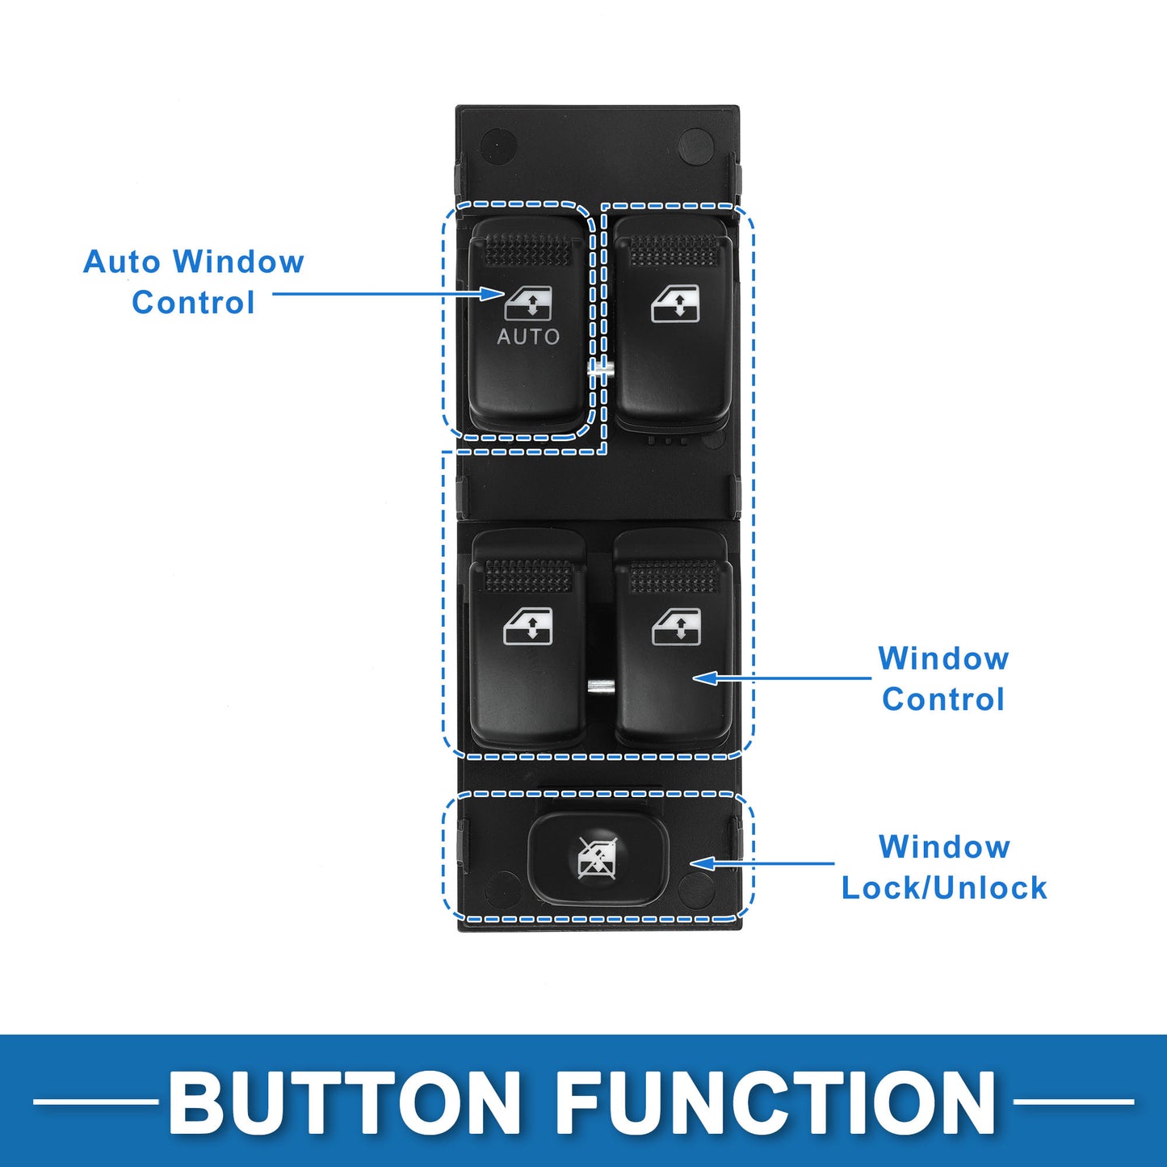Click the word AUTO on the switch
point(528,337)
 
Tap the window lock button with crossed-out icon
point(598,858)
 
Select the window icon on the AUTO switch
point(528,303)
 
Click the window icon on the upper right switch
point(675,303)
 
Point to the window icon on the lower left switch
point(528,626)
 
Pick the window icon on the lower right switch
point(677,627)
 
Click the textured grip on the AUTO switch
point(528,250)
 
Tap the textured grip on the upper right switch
point(674,250)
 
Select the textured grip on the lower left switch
point(529,576)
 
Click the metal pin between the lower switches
point(601,686)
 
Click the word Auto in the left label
point(122,262)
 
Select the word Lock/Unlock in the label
point(944,888)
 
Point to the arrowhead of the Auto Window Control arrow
point(493,294)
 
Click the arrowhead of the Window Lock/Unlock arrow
point(704,863)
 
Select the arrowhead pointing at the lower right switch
point(706,678)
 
